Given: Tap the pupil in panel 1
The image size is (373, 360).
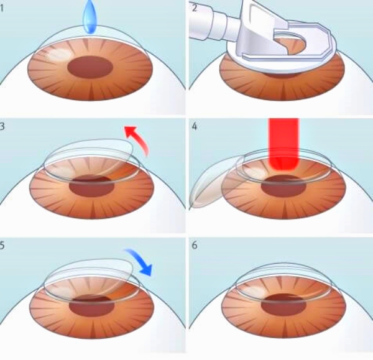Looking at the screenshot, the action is (90, 67).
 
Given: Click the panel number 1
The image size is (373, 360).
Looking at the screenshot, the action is (2, 8).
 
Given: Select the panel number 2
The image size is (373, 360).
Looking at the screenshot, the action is (195, 8).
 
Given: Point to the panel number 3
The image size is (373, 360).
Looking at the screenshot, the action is (2, 126).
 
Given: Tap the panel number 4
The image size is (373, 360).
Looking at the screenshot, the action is (195, 126).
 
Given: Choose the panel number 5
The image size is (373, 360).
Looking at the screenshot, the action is (2, 245).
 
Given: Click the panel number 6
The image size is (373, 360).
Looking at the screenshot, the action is (195, 245).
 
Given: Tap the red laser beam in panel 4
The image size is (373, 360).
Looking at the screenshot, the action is (283, 144).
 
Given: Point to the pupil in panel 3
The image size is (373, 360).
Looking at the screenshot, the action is (92, 186).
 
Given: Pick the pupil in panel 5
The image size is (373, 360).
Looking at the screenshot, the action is (92, 305).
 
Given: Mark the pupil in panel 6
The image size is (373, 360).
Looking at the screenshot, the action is (283, 305).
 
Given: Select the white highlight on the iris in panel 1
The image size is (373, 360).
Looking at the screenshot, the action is (60, 53).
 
